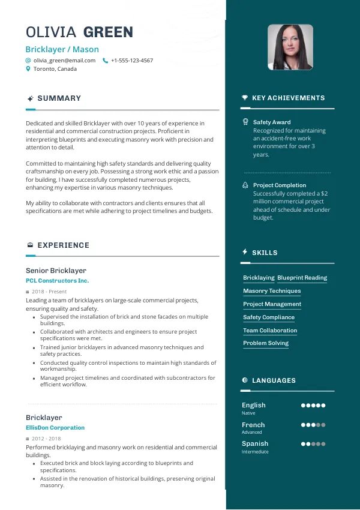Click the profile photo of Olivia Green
tap(290, 47)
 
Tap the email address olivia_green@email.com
tap(64, 61)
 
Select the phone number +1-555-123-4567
tap(131, 61)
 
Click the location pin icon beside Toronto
tap(28, 69)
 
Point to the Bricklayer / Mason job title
tap(62, 49)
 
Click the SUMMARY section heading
tap(59, 98)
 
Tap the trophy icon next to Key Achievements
tap(245, 98)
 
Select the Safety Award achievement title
tap(272, 122)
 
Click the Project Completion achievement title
tap(280, 185)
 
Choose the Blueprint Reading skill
tap(302, 278)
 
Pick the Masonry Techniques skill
tap(272, 291)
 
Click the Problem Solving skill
tap(266, 343)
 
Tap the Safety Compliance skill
tap(269, 317)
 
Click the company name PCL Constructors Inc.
tap(57, 280)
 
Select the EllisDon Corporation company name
tap(55, 428)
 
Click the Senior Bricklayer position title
tap(56, 271)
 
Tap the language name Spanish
tap(255, 444)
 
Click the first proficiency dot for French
tap(304, 425)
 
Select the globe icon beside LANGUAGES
tap(245, 380)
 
